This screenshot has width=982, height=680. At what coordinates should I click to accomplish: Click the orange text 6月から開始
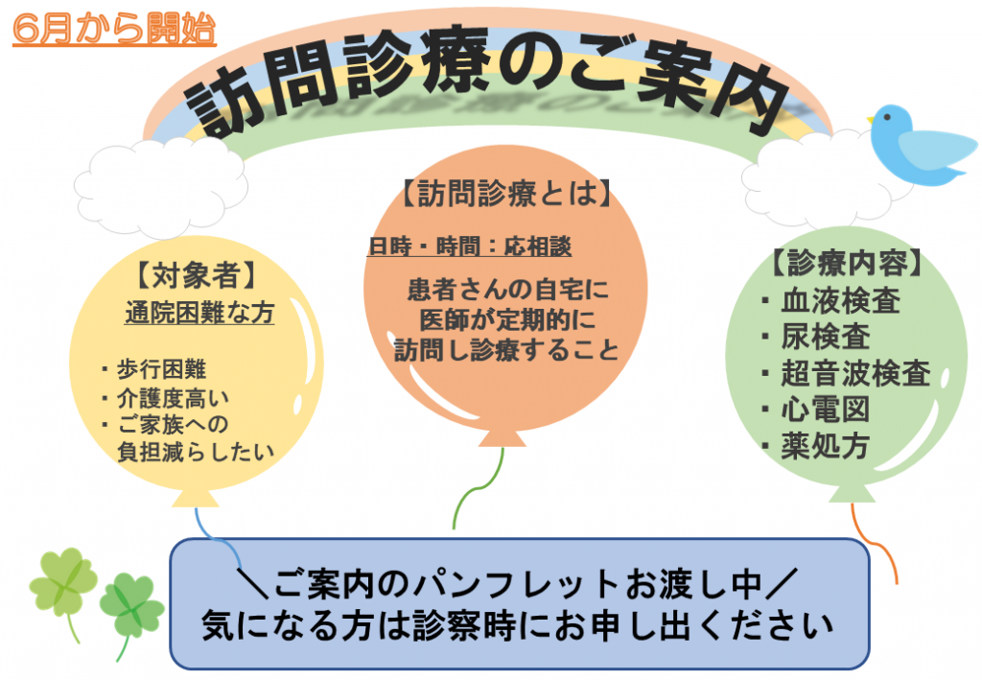[114, 28]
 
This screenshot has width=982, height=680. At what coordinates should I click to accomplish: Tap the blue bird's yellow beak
[871, 118]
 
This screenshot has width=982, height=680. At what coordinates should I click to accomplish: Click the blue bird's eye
[887, 116]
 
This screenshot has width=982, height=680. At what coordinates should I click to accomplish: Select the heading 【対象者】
[196, 275]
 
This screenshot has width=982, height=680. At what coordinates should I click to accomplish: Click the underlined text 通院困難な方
[199, 312]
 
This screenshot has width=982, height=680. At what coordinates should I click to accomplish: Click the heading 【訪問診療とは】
[506, 193]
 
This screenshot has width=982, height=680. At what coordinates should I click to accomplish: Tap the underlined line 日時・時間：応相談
[470, 246]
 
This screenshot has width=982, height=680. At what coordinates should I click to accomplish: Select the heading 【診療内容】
[847, 263]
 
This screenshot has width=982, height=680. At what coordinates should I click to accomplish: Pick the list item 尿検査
[816, 337]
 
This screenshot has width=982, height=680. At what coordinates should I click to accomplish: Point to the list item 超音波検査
[846, 373]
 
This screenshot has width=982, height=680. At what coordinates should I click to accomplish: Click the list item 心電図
[816, 410]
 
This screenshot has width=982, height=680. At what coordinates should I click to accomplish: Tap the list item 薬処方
[816, 446]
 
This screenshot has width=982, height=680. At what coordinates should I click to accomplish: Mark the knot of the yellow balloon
[196, 498]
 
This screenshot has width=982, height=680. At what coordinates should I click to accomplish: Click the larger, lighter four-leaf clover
[61, 585]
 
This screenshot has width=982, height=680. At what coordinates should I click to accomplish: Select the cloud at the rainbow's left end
[160, 187]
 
